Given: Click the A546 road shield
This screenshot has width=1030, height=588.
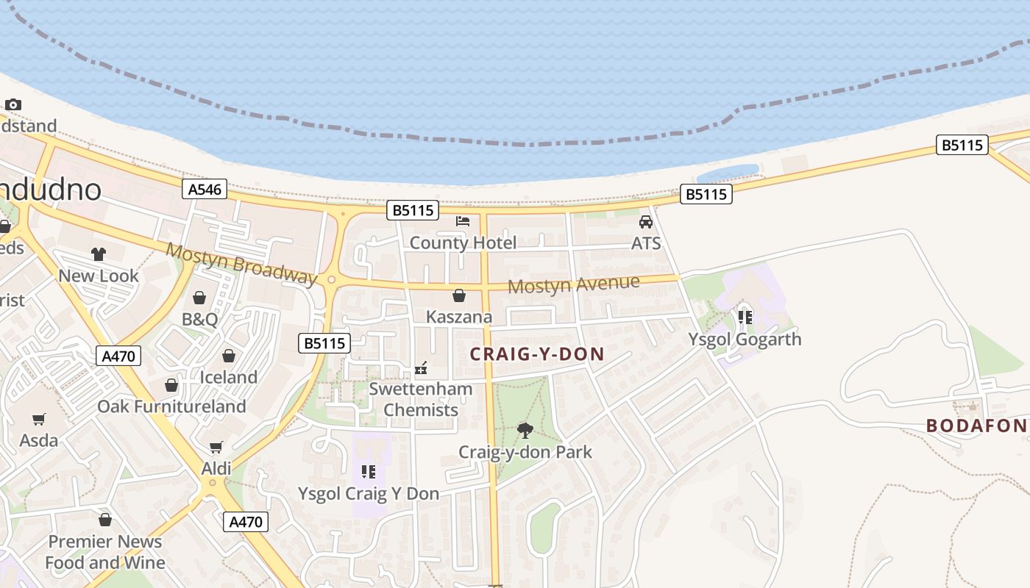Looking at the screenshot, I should [x=205, y=190].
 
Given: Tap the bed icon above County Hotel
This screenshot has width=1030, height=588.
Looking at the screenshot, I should [x=462, y=220].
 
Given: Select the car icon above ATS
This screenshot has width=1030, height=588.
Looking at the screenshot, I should [x=646, y=221].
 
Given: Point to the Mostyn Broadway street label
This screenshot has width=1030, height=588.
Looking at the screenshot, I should [x=241, y=263].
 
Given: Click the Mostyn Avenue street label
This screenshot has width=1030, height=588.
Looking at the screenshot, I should [x=574, y=284].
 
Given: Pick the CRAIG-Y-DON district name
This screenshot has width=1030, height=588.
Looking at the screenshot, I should [x=537, y=354].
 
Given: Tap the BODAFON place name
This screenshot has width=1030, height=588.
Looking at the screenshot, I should [x=976, y=426].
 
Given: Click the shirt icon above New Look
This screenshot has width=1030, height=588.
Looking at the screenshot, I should [x=99, y=254].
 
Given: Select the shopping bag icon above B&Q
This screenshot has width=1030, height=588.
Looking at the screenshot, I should [x=199, y=298].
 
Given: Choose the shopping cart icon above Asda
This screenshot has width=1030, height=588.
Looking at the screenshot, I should [x=39, y=419].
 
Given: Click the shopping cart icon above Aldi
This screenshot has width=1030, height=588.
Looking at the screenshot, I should [x=216, y=447].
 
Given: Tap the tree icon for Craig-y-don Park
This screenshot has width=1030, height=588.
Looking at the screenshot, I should [x=525, y=430].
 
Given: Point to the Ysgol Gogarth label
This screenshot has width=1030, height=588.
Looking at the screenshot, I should [x=745, y=340].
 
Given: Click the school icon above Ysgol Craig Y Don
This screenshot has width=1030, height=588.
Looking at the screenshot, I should [x=369, y=471].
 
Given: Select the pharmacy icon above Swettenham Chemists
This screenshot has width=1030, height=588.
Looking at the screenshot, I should [x=421, y=367].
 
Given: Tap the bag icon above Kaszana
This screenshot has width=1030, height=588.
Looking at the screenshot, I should [x=459, y=295].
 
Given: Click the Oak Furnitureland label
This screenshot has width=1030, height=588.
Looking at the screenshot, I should [x=171, y=406].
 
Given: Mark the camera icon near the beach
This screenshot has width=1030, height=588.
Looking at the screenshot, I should [x=13, y=104].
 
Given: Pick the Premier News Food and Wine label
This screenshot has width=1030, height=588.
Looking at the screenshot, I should [x=105, y=552].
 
